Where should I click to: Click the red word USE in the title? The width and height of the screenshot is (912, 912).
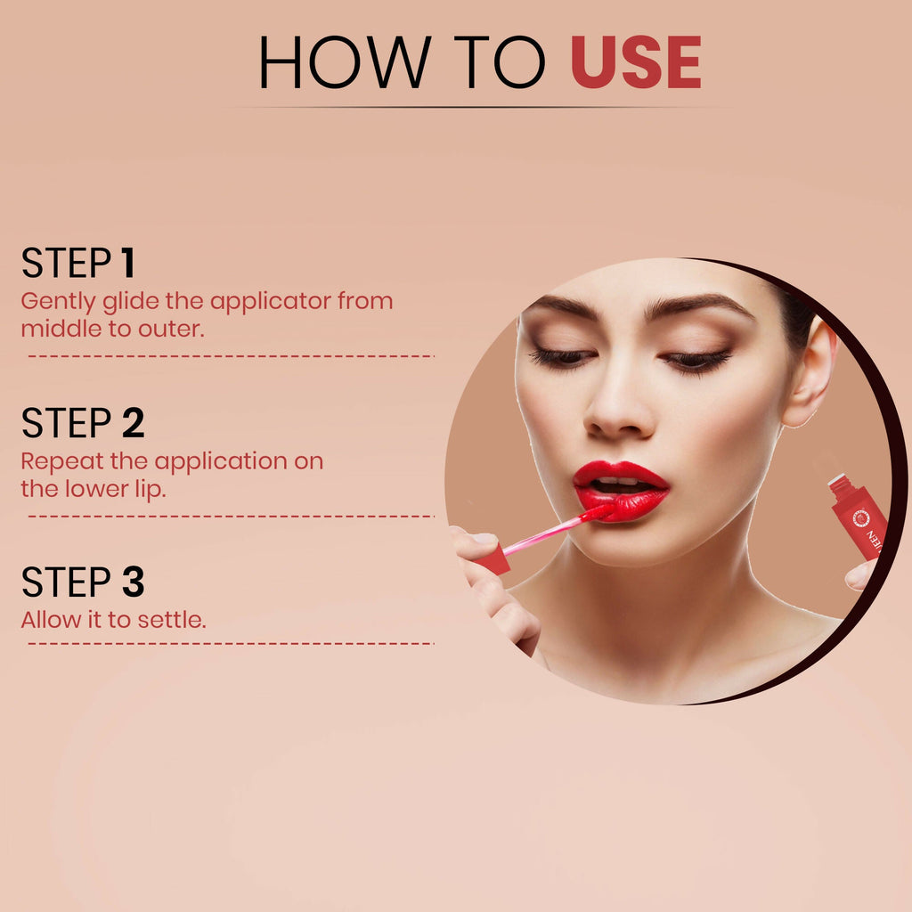pos(636,63)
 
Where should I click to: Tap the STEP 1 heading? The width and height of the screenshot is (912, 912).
pos(77,264)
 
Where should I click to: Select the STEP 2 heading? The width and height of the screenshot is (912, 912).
pos(82,424)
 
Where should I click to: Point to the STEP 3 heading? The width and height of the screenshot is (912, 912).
pos(82,582)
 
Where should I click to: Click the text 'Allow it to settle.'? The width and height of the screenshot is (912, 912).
pos(113,620)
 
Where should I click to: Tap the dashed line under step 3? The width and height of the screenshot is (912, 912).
pos(230,642)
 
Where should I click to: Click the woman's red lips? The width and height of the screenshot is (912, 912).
pos(622,492)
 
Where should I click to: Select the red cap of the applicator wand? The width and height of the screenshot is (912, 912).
pos(493,559)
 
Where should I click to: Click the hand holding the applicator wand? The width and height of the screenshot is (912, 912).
pos(494,588)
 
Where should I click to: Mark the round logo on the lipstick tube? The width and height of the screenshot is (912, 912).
pos(859,517)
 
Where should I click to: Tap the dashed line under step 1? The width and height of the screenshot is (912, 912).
pos(230,355)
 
